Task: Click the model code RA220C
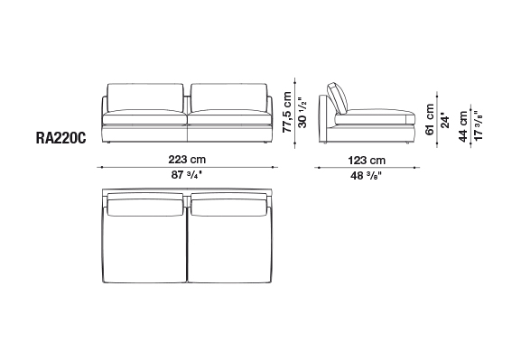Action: (60, 138)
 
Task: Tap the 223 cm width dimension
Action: (187, 160)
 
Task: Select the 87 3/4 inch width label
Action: (186, 175)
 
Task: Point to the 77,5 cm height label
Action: (287, 112)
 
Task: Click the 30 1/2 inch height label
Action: (302, 113)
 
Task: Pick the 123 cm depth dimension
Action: (367, 161)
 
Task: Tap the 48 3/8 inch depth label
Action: (367, 175)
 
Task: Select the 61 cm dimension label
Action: (430, 119)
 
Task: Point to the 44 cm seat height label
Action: (463, 126)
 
